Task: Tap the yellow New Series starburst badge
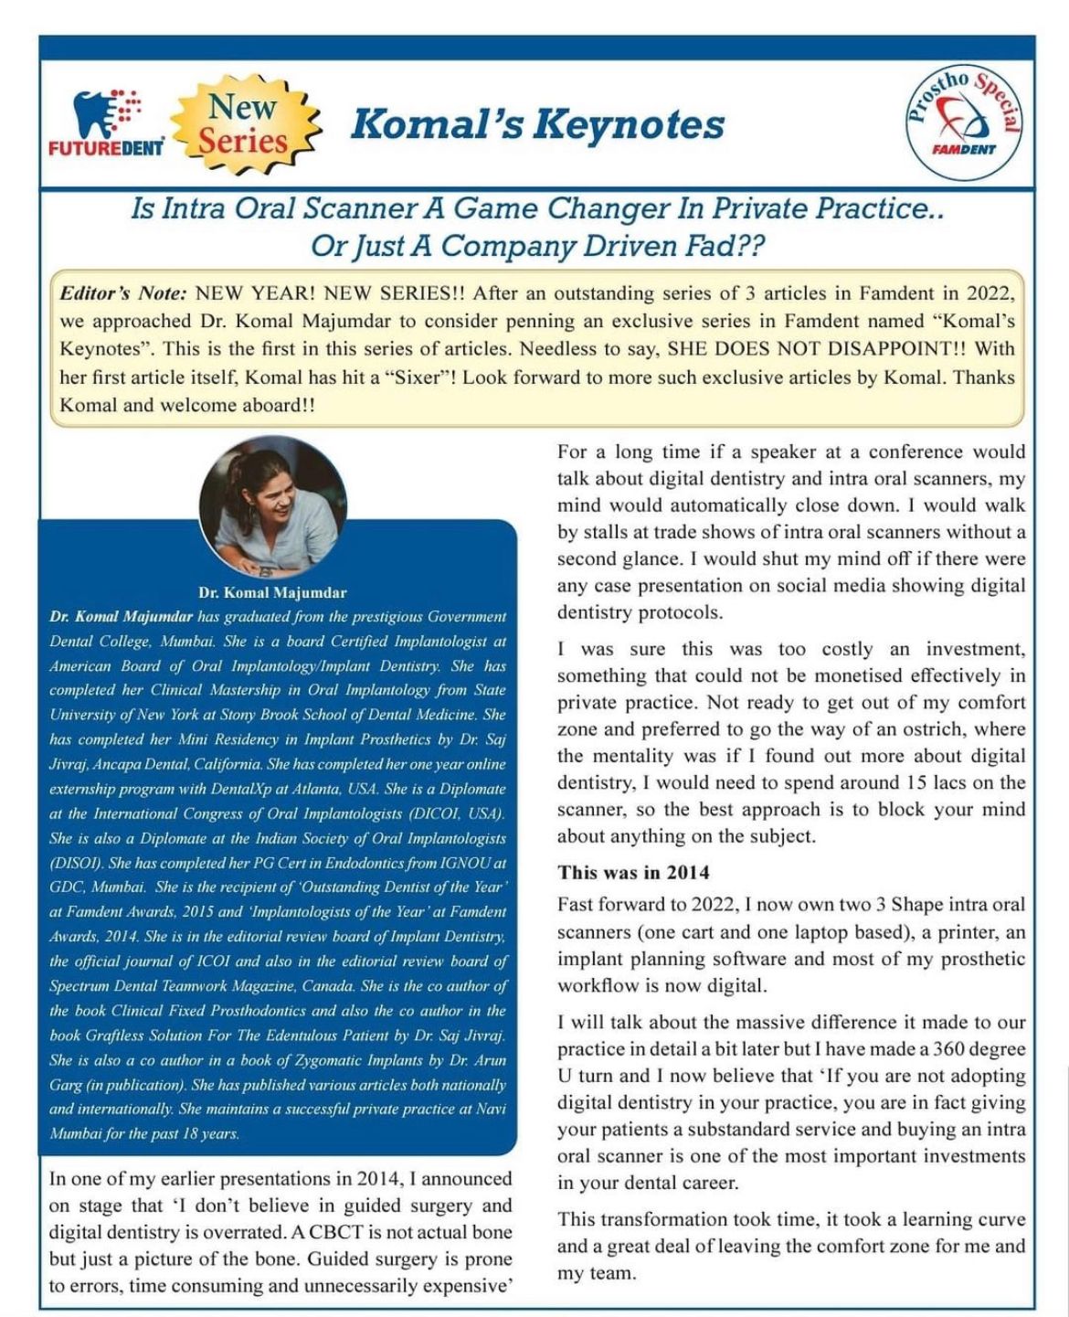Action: pyautogui.click(x=244, y=124)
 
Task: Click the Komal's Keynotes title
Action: pyautogui.click(x=538, y=123)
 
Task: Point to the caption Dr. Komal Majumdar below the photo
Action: pyautogui.click(x=272, y=592)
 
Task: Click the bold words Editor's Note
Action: pyautogui.click(x=123, y=293)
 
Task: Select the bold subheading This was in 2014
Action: pyautogui.click(x=633, y=872)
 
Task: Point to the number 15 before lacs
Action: pyautogui.click(x=919, y=782)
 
